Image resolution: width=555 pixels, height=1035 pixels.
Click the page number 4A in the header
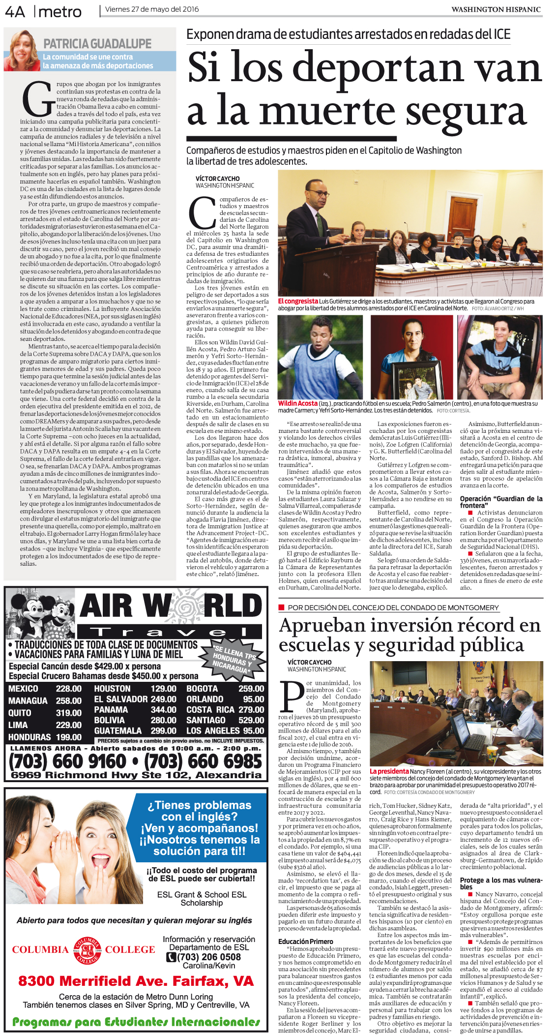pos(15,11)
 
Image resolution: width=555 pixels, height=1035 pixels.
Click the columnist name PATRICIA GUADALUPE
pos(97,44)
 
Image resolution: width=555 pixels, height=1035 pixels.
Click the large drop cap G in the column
pos(37,100)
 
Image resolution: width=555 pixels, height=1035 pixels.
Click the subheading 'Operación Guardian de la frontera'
pos(501,501)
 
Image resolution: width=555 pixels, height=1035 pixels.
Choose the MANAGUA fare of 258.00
pos(69,700)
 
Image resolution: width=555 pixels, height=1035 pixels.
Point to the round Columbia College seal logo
pos(87,950)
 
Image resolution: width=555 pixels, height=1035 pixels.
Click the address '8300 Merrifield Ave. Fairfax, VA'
pos(136,981)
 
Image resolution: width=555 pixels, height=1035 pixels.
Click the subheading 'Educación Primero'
pos(305,941)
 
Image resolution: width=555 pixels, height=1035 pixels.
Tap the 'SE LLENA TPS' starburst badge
pos(235,659)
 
